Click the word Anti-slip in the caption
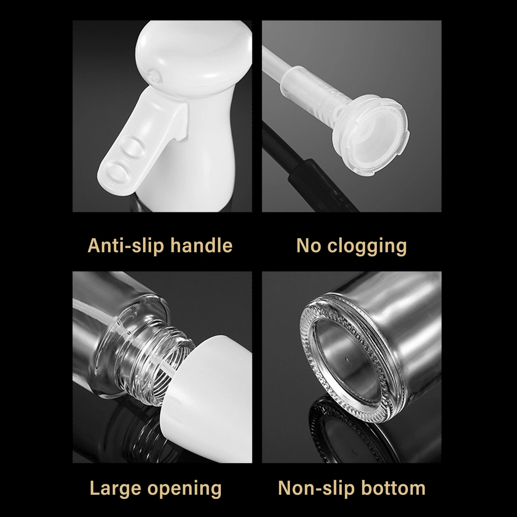[x=126, y=246]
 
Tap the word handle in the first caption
[x=201, y=245]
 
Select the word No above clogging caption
[x=309, y=246]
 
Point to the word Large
[x=116, y=488]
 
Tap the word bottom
[x=393, y=488]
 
